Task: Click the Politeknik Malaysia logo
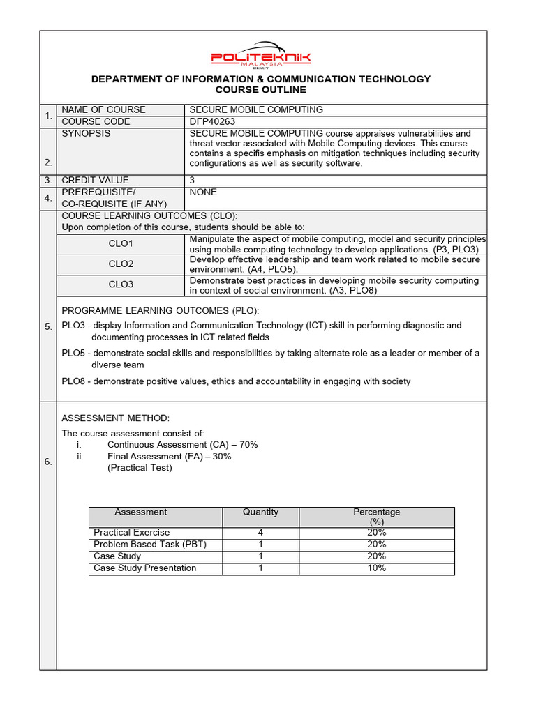[x=261, y=55]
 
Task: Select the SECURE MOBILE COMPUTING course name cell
[x=256, y=109]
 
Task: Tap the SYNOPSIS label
[x=86, y=133]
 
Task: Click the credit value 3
[x=193, y=180]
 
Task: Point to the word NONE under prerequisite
[x=203, y=192]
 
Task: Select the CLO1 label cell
[x=121, y=244]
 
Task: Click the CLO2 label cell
[x=121, y=264]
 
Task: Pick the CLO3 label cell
[x=121, y=284]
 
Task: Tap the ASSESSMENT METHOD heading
[x=116, y=418]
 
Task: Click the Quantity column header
[x=260, y=512]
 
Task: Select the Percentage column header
[x=377, y=517]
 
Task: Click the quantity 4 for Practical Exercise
[x=260, y=533]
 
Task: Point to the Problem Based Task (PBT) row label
[x=150, y=545]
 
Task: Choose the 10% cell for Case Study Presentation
[x=377, y=568]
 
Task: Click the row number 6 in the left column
[x=48, y=462]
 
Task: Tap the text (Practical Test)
[x=140, y=468]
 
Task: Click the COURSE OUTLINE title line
[x=261, y=90]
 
